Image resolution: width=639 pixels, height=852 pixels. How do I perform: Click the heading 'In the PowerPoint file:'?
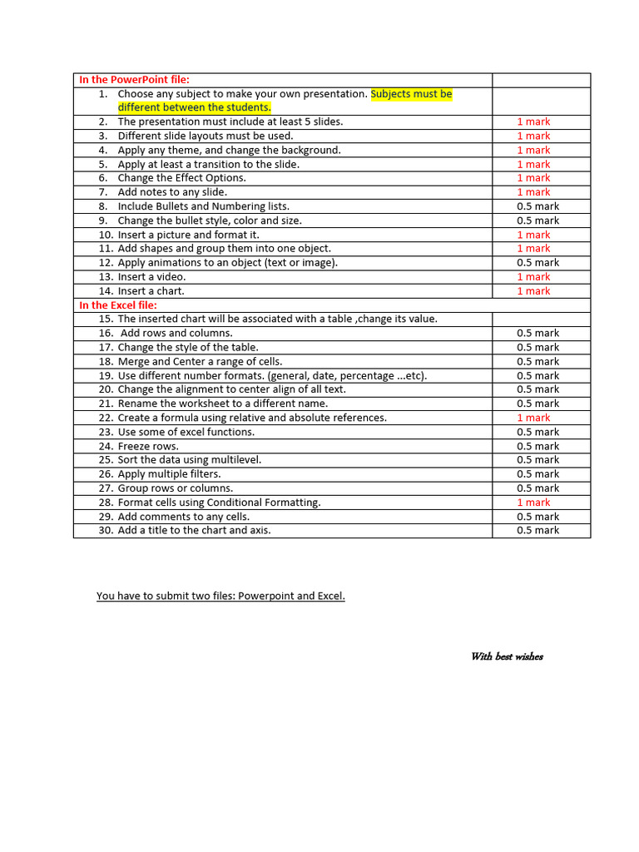(134, 80)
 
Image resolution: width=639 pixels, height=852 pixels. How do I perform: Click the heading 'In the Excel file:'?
(118, 305)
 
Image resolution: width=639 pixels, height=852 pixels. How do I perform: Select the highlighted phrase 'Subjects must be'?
(411, 94)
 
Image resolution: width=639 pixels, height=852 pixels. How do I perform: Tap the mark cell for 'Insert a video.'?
(533, 277)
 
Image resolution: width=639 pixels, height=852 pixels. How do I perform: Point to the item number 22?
(105, 418)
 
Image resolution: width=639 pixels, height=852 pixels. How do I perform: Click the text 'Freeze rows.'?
(148, 446)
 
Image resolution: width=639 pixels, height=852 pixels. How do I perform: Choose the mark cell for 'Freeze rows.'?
(537, 446)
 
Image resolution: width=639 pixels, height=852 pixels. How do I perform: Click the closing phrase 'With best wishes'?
(507, 656)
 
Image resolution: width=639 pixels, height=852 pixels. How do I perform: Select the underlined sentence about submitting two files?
(220, 596)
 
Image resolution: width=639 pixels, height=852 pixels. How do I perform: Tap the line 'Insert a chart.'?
(151, 291)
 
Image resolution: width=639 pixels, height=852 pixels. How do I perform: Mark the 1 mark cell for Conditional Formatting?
(533, 503)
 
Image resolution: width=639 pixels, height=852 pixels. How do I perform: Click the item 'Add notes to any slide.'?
(172, 192)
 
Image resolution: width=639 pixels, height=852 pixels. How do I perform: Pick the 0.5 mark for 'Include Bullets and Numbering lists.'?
(537, 206)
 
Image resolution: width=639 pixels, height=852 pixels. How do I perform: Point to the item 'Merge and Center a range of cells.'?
(200, 362)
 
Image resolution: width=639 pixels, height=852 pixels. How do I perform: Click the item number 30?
(105, 531)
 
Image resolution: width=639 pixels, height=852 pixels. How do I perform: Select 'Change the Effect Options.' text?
(181, 178)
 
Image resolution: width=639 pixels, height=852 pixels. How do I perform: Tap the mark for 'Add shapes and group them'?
(533, 249)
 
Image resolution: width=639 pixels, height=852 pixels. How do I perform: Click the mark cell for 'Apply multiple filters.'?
(537, 474)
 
